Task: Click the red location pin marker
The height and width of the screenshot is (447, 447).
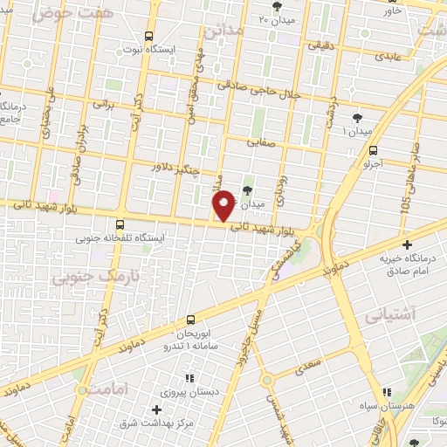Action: pos(224,204)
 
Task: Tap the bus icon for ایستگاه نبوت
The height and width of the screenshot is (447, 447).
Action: pos(148,37)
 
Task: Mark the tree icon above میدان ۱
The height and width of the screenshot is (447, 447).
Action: pos(357,117)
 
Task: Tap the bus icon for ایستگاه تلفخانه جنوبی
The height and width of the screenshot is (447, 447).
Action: pos(120,223)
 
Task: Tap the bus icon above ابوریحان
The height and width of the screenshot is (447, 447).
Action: pos(191,320)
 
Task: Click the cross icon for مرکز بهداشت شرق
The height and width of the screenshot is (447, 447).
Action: pos(157,409)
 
